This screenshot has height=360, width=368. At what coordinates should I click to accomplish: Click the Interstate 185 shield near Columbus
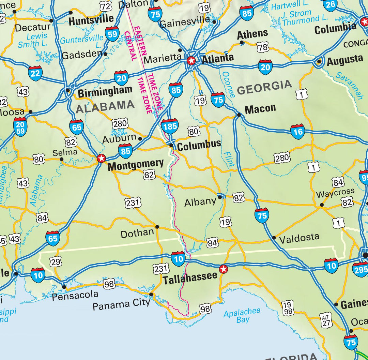pyautogui.click(x=169, y=126)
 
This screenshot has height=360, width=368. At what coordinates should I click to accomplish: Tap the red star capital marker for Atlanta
pyautogui.click(x=191, y=61)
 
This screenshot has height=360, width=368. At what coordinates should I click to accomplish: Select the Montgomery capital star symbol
pyautogui.click(x=101, y=158)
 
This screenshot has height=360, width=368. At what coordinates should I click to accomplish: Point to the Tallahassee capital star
pyautogui.click(x=224, y=269)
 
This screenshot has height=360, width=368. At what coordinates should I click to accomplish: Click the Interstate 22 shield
pyautogui.click(x=35, y=73)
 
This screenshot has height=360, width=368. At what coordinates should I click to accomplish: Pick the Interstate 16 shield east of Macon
pyautogui.click(x=297, y=132)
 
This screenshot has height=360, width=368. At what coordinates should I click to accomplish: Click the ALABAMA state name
pyautogui.click(x=105, y=107)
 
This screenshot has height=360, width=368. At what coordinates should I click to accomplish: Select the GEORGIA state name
pyautogui.click(x=264, y=87)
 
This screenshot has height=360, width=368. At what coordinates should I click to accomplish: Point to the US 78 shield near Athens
pyautogui.click(x=263, y=47)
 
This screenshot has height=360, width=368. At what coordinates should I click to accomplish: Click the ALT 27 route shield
pyautogui.click(x=326, y=321)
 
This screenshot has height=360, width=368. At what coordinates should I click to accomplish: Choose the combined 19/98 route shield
pyautogui.click(x=288, y=308)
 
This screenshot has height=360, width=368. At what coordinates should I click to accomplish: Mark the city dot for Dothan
pyautogui.click(x=157, y=227)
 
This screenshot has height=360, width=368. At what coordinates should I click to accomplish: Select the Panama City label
pyautogui.click(x=121, y=304)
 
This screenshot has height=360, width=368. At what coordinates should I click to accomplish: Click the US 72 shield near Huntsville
pyautogui.click(x=106, y=5)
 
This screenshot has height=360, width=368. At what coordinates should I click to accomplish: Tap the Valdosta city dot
pyautogui.click(x=274, y=237)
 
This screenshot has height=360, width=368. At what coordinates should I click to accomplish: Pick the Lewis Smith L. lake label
pyautogui.click(x=33, y=40)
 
